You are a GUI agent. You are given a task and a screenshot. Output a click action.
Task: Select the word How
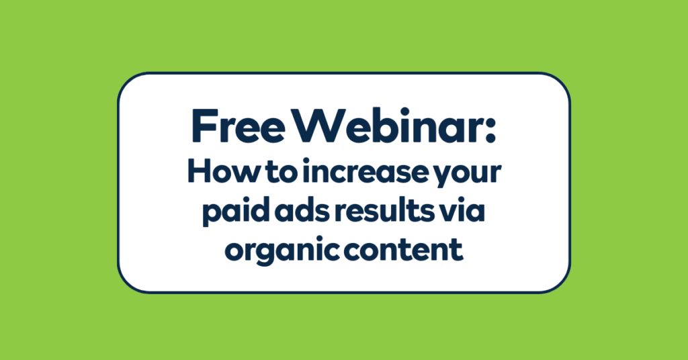point(214,174)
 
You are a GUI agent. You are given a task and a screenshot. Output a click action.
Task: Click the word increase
point(354,174)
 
